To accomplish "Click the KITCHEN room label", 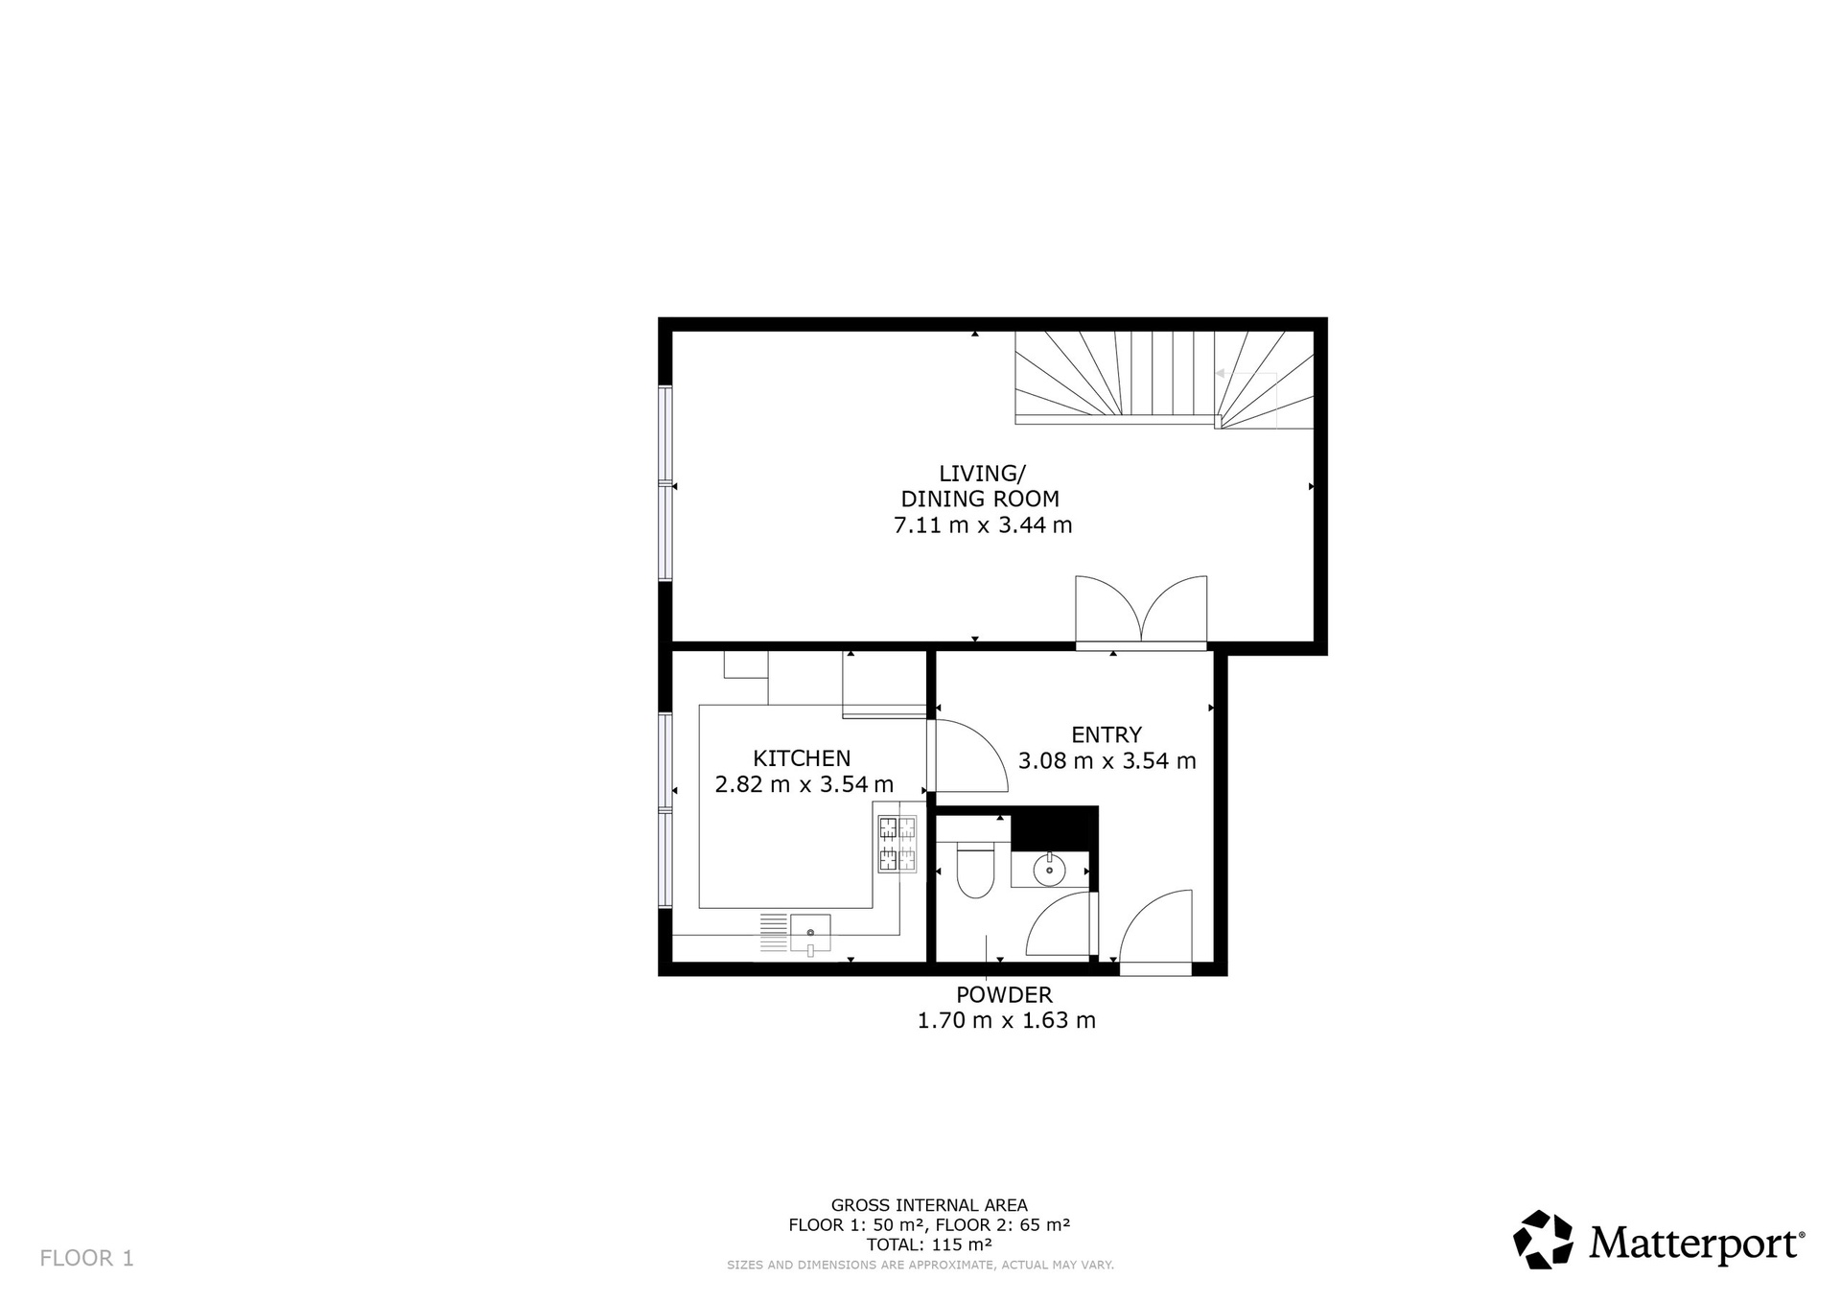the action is tap(802, 758).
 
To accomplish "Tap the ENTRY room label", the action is tap(1107, 734).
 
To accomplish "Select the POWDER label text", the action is tap(1004, 995).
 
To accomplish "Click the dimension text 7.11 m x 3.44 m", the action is tap(983, 525).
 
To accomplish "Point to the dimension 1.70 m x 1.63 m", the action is tap(1006, 1020).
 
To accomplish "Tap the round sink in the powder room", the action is tap(1049, 869).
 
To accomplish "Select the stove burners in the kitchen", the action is tap(897, 844).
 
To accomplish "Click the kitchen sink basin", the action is tap(810, 933).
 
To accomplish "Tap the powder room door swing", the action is tap(1060, 924).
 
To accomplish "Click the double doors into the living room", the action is tap(1141, 612).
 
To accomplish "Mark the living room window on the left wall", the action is tap(664, 483).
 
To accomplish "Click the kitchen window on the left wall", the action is tap(664, 809).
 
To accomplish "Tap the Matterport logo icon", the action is tap(1543, 1240).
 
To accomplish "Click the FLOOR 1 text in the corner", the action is tap(86, 1258).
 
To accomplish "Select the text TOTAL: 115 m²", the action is tap(929, 1244).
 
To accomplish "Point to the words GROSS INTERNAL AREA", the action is tap(929, 1205).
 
